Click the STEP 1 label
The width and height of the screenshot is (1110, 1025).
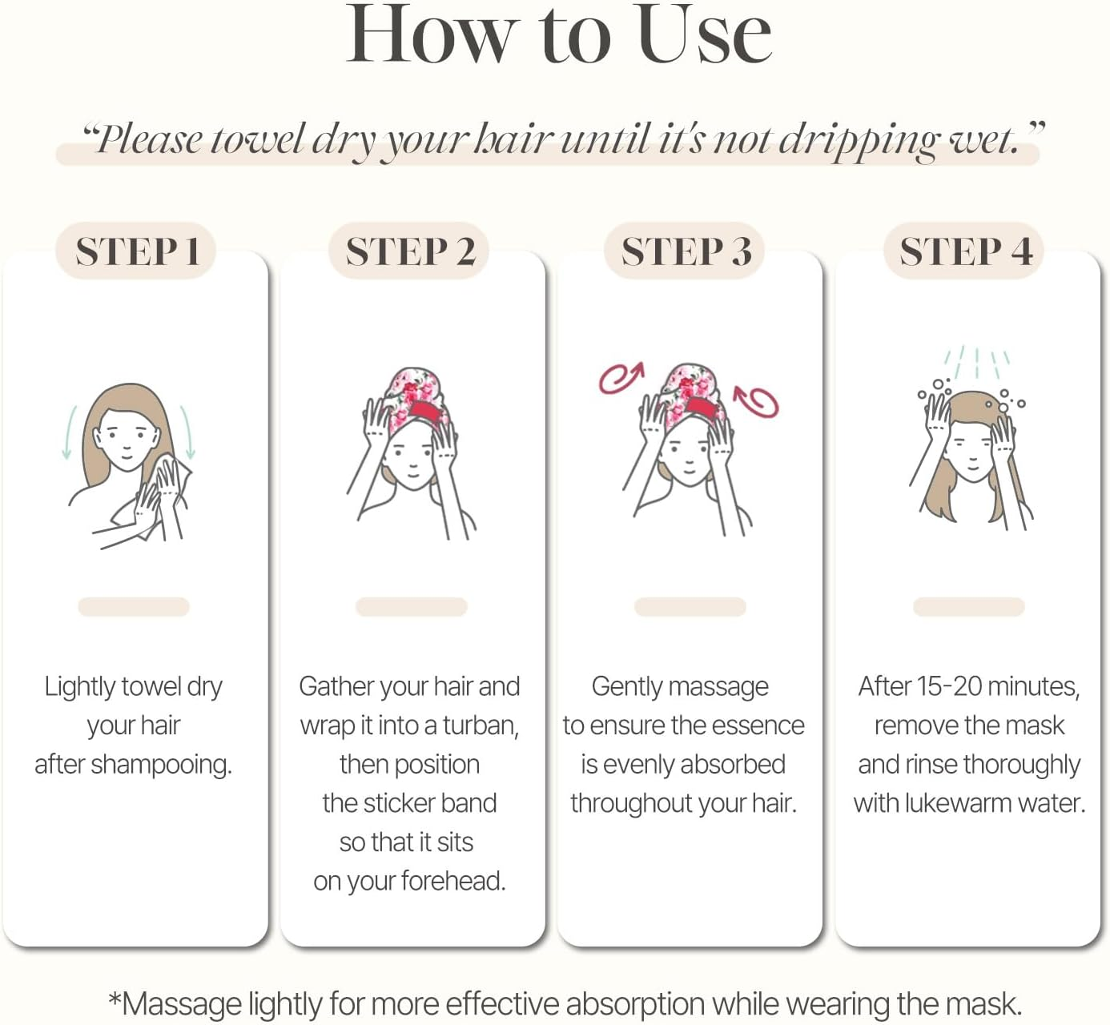click(x=137, y=251)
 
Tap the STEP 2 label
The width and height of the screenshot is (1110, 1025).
click(x=410, y=251)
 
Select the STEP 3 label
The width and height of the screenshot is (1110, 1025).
click(x=686, y=251)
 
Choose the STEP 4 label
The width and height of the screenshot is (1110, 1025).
click(x=965, y=251)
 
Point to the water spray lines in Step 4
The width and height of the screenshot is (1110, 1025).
click(x=976, y=362)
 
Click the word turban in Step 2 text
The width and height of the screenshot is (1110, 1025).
click(x=481, y=726)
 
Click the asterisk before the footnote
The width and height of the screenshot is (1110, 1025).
click(x=115, y=998)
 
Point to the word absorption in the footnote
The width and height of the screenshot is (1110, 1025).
click(x=635, y=1003)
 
